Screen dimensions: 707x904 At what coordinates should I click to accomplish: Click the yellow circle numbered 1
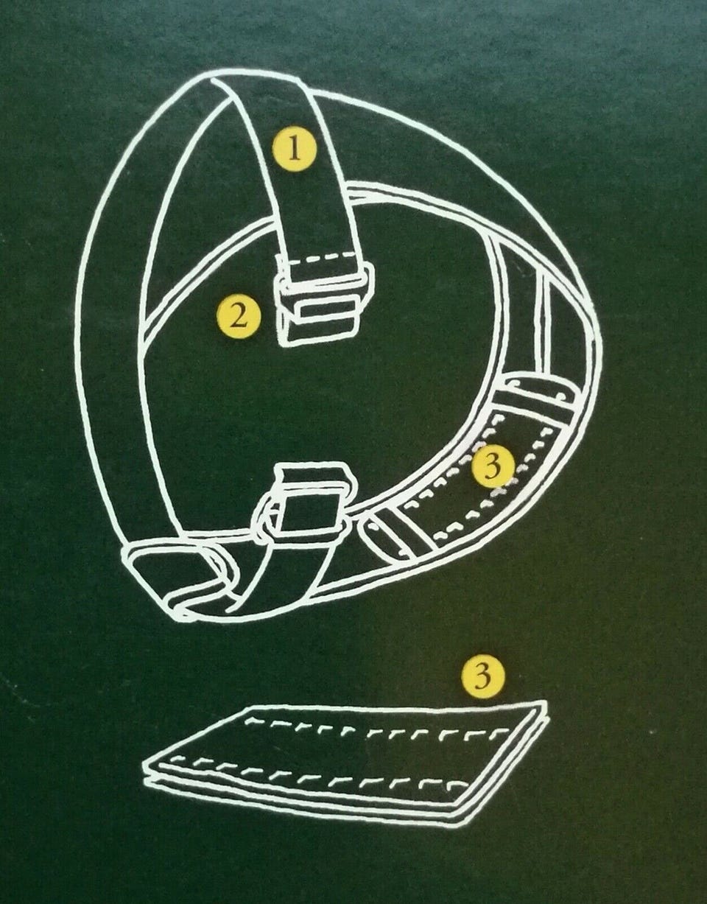click(x=295, y=150)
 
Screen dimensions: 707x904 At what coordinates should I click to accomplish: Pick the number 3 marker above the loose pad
click(x=483, y=676)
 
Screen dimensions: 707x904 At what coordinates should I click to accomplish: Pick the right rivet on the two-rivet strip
click(x=562, y=394)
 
